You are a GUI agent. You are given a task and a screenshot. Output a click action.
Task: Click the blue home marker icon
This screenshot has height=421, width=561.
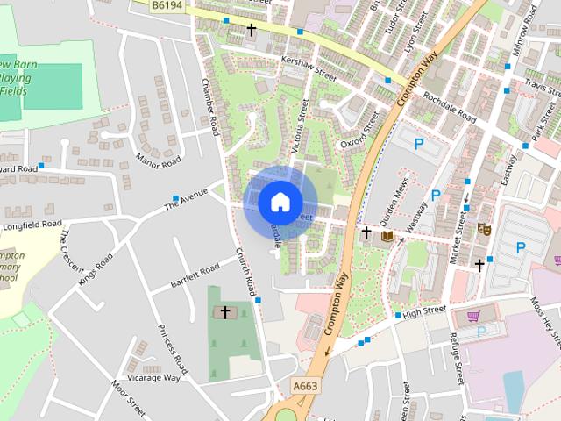(280, 202)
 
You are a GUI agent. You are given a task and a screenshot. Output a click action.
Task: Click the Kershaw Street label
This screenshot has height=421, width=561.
(309, 67)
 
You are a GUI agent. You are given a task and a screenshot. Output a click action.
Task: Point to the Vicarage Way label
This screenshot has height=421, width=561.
(153, 378)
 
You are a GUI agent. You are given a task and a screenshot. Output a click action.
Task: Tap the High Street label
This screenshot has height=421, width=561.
(425, 310)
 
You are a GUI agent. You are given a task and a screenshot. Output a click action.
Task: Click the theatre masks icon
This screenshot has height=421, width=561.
(482, 230)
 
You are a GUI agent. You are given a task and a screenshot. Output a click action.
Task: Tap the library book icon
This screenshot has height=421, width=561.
(387, 235)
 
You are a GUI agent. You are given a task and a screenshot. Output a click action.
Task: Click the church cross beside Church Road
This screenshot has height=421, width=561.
(224, 312)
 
